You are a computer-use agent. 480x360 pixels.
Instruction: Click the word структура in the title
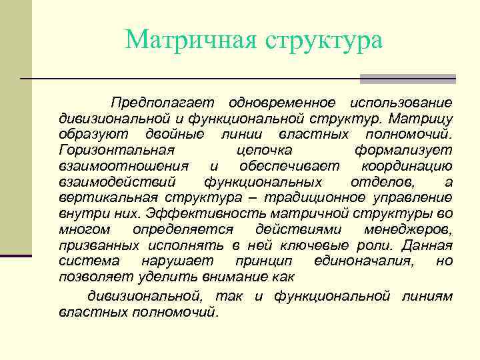[x=325, y=41]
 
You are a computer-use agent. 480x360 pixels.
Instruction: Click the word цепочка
[x=265, y=151]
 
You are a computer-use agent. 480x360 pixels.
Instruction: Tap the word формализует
[x=403, y=150]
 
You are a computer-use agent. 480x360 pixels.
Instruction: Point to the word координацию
[x=407, y=166]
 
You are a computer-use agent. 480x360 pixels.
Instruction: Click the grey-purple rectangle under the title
[x=407, y=79]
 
